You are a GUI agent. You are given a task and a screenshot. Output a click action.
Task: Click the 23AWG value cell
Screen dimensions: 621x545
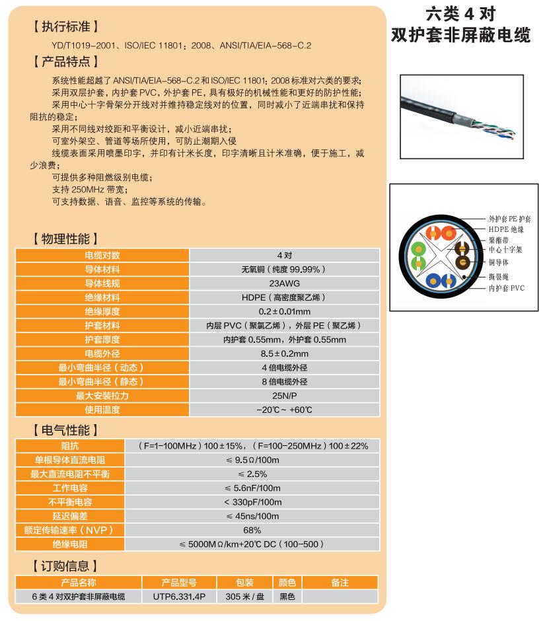(x=285, y=283)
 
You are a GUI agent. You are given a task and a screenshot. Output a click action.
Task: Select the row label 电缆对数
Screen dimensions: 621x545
(x=102, y=254)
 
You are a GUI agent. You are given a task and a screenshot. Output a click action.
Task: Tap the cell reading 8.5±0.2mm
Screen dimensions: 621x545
(x=285, y=353)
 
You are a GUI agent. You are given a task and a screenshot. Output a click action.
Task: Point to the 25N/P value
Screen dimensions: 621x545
(x=285, y=396)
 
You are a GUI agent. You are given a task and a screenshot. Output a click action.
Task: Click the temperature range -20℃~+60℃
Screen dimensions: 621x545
(x=285, y=410)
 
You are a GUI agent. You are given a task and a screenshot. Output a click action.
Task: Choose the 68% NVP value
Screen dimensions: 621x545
(x=252, y=530)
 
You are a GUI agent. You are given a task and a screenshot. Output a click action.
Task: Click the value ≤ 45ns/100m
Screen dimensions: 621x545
(x=252, y=516)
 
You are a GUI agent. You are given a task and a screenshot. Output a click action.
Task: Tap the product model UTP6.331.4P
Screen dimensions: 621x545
(x=179, y=596)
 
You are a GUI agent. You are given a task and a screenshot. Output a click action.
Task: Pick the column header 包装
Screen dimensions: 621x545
(x=244, y=582)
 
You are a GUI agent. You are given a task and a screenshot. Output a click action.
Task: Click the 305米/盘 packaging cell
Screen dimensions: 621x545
(x=244, y=596)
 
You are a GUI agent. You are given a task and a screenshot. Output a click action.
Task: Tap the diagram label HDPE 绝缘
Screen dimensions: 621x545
(x=506, y=229)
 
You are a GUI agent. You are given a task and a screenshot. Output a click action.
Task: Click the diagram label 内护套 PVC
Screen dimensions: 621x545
(x=506, y=288)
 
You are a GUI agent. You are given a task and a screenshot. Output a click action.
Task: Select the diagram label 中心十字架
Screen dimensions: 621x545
(x=505, y=250)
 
